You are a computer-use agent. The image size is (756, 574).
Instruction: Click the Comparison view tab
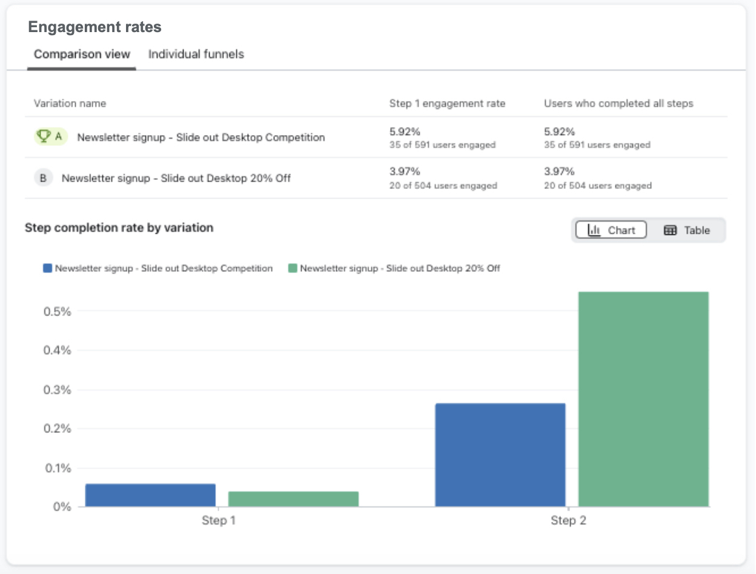82,54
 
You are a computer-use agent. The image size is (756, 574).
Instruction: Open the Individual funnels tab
196,54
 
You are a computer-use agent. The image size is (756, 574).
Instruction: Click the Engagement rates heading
95,27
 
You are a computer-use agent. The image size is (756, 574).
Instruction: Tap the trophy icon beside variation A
44,137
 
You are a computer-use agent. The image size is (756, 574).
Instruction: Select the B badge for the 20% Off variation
43,178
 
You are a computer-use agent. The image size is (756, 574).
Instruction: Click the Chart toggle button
611,230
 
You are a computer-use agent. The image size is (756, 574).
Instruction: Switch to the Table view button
686,230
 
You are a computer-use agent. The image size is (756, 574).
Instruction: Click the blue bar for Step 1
150,495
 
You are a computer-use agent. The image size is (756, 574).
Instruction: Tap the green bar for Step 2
643,399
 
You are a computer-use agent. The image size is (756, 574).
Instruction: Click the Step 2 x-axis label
568,521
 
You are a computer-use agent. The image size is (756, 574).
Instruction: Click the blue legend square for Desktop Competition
48,268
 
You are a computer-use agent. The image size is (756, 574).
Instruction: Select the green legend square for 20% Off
293,268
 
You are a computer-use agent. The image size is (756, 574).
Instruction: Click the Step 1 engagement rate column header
447,104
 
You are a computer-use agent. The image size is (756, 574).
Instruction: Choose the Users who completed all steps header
618,104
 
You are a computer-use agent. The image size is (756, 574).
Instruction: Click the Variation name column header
70,104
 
